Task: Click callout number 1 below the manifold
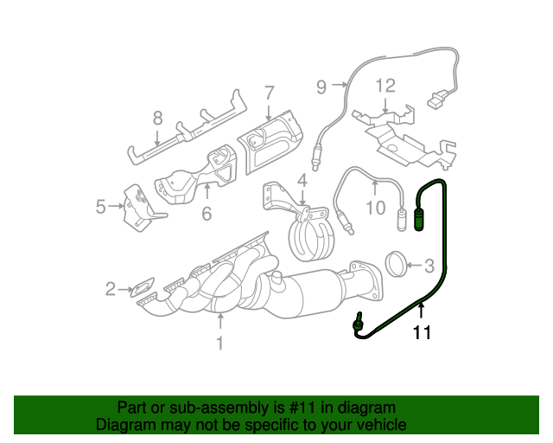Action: click(219, 343)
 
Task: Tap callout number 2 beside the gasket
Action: click(111, 288)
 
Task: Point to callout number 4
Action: click(302, 181)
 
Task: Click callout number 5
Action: click(100, 206)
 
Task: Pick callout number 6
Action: click(207, 212)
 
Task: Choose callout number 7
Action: click(269, 93)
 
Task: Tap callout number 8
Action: click(157, 118)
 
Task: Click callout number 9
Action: click(321, 86)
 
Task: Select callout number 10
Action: click(374, 207)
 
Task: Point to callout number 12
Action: click(385, 85)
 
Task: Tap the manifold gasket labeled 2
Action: click(143, 286)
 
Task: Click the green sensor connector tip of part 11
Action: click(418, 221)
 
